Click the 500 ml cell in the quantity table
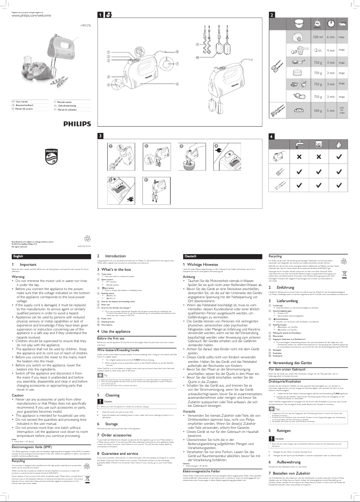coord(318,37)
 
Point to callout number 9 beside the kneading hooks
coord(197,45)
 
